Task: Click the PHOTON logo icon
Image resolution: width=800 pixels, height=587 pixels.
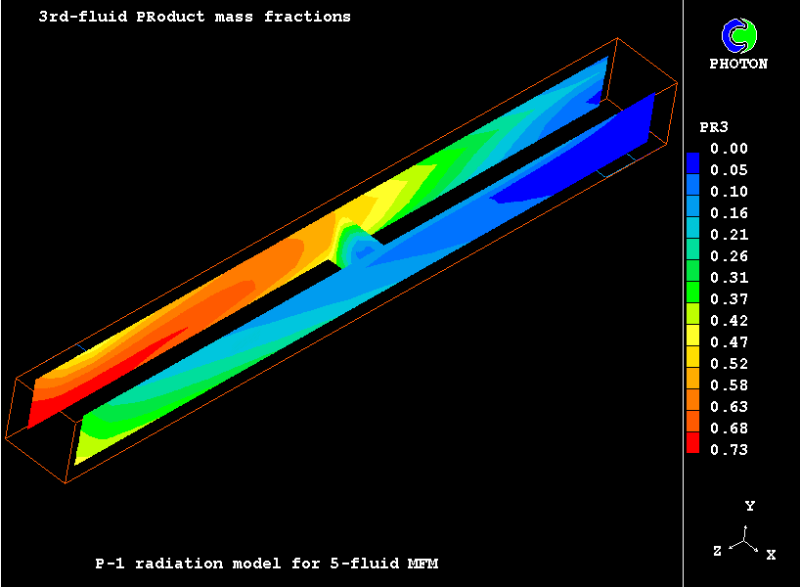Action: (739, 36)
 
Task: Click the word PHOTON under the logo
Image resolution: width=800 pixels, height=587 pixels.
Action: (738, 64)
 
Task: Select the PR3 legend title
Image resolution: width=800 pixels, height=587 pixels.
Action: (714, 127)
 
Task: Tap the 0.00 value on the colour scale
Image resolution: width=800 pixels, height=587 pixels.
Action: (729, 149)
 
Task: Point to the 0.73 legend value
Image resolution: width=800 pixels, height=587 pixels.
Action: (729, 450)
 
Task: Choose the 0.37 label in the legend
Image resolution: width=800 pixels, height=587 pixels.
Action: (729, 299)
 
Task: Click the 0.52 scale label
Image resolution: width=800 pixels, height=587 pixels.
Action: (729, 364)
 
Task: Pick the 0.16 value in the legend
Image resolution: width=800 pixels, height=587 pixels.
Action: (729, 213)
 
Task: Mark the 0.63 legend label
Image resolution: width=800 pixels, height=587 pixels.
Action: (729, 407)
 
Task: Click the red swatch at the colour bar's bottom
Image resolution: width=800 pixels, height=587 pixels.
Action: (692, 442)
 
